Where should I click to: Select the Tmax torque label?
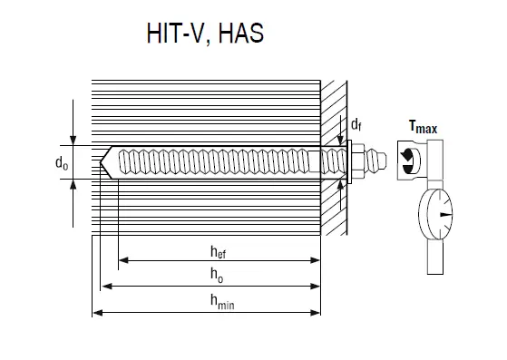(x=422, y=128)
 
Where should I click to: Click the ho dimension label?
(x=215, y=274)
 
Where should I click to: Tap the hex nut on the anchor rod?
(x=359, y=162)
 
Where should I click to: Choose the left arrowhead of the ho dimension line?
(x=106, y=286)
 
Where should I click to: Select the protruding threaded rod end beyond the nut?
(x=380, y=162)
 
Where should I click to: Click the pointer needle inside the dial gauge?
(x=442, y=216)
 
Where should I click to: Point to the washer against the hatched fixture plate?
(x=347, y=162)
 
